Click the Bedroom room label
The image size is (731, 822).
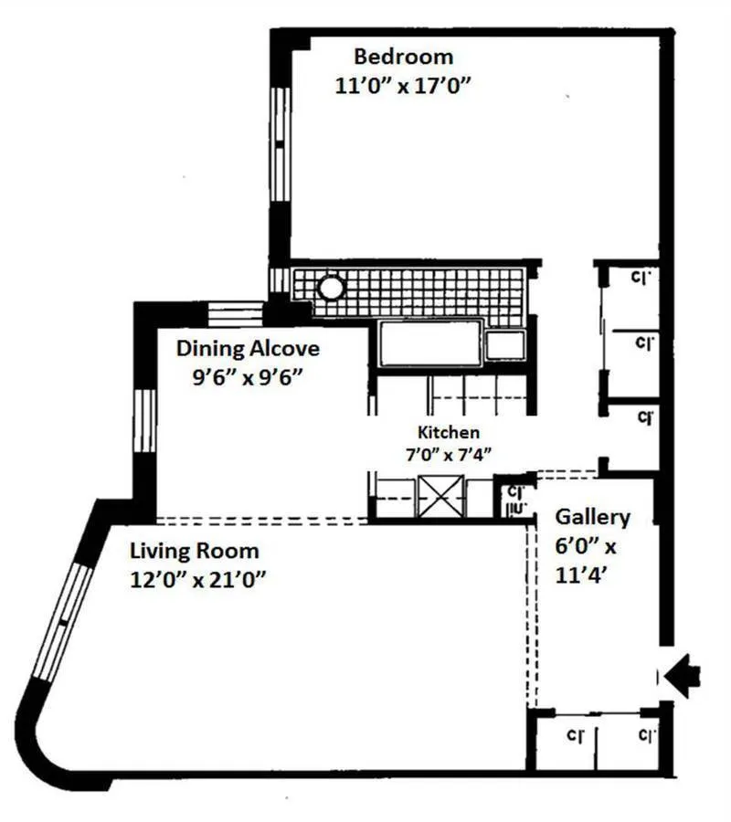point(403,57)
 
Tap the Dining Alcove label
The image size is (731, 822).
point(248,348)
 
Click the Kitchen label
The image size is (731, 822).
point(448,433)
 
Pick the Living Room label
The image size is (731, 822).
point(194,551)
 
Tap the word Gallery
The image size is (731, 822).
point(593,518)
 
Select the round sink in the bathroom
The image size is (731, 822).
point(330,290)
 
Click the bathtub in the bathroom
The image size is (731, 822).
point(429,342)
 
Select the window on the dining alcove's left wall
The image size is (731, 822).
point(144,420)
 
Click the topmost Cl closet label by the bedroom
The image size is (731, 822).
point(642,275)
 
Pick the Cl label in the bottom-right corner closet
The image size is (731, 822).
point(647,734)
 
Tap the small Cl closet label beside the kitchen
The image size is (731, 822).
point(514,493)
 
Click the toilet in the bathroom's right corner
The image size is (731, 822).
point(505,344)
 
